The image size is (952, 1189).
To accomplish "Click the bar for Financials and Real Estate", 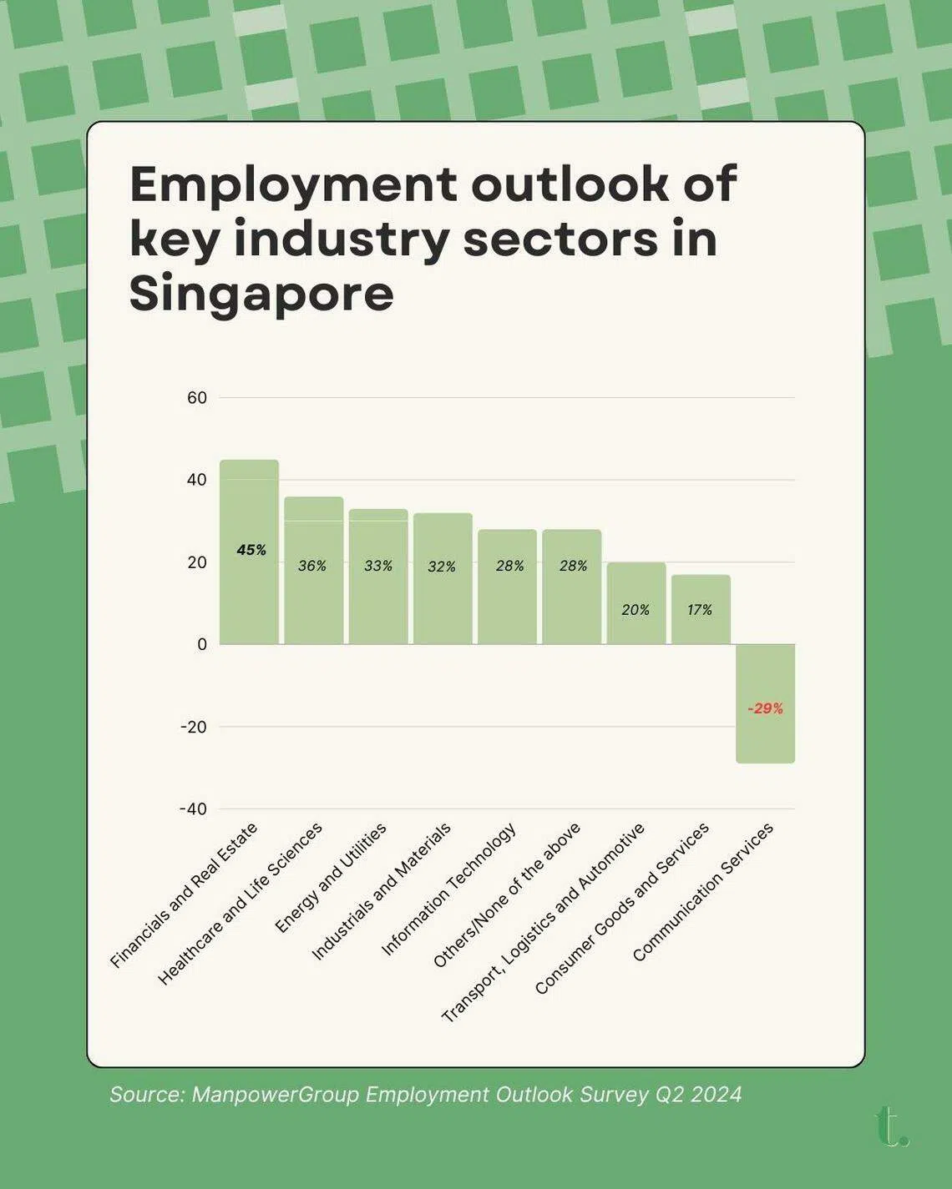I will (249, 584).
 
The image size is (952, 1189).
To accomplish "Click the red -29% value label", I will (765, 708).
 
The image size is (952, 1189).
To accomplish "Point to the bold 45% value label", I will (251, 550).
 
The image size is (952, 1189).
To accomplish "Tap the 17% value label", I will (700, 610).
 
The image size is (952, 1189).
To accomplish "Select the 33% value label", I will (378, 566).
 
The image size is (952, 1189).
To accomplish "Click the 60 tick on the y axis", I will (197, 398).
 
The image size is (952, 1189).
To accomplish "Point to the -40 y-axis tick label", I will (193, 809).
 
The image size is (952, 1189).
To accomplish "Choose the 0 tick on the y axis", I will (202, 644).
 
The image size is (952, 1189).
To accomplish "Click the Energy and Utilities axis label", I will (331, 878).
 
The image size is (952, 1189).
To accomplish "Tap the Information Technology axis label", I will (448, 889).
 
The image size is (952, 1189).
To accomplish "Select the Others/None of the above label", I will (506, 895).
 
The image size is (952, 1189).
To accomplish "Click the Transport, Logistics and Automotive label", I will (543, 923).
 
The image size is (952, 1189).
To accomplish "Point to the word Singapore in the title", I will (261, 294).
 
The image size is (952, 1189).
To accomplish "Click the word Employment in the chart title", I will (293, 185).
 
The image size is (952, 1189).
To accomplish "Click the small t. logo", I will (892, 1126).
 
